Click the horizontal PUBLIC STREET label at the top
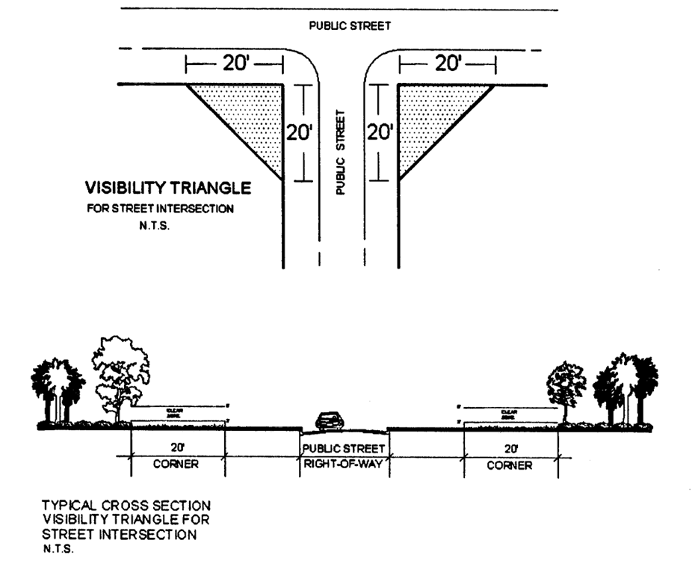[x=350, y=26]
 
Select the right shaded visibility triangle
[x=430, y=112]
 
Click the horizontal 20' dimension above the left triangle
[x=237, y=64]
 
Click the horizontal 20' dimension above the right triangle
[x=448, y=64]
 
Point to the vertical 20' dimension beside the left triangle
[x=299, y=133]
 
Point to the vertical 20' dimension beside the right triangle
[x=380, y=133]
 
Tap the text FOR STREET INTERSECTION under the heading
[x=160, y=209]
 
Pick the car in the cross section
[x=330, y=422]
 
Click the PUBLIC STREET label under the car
[x=344, y=449]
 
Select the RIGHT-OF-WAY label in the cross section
[x=344, y=465]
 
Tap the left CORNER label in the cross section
[x=176, y=465]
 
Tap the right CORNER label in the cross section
[x=510, y=465]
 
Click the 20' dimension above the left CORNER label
[x=176, y=449]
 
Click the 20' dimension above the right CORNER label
[x=510, y=449]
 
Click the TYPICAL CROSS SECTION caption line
[x=126, y=506]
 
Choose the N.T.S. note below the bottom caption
[x=57, y=548]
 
